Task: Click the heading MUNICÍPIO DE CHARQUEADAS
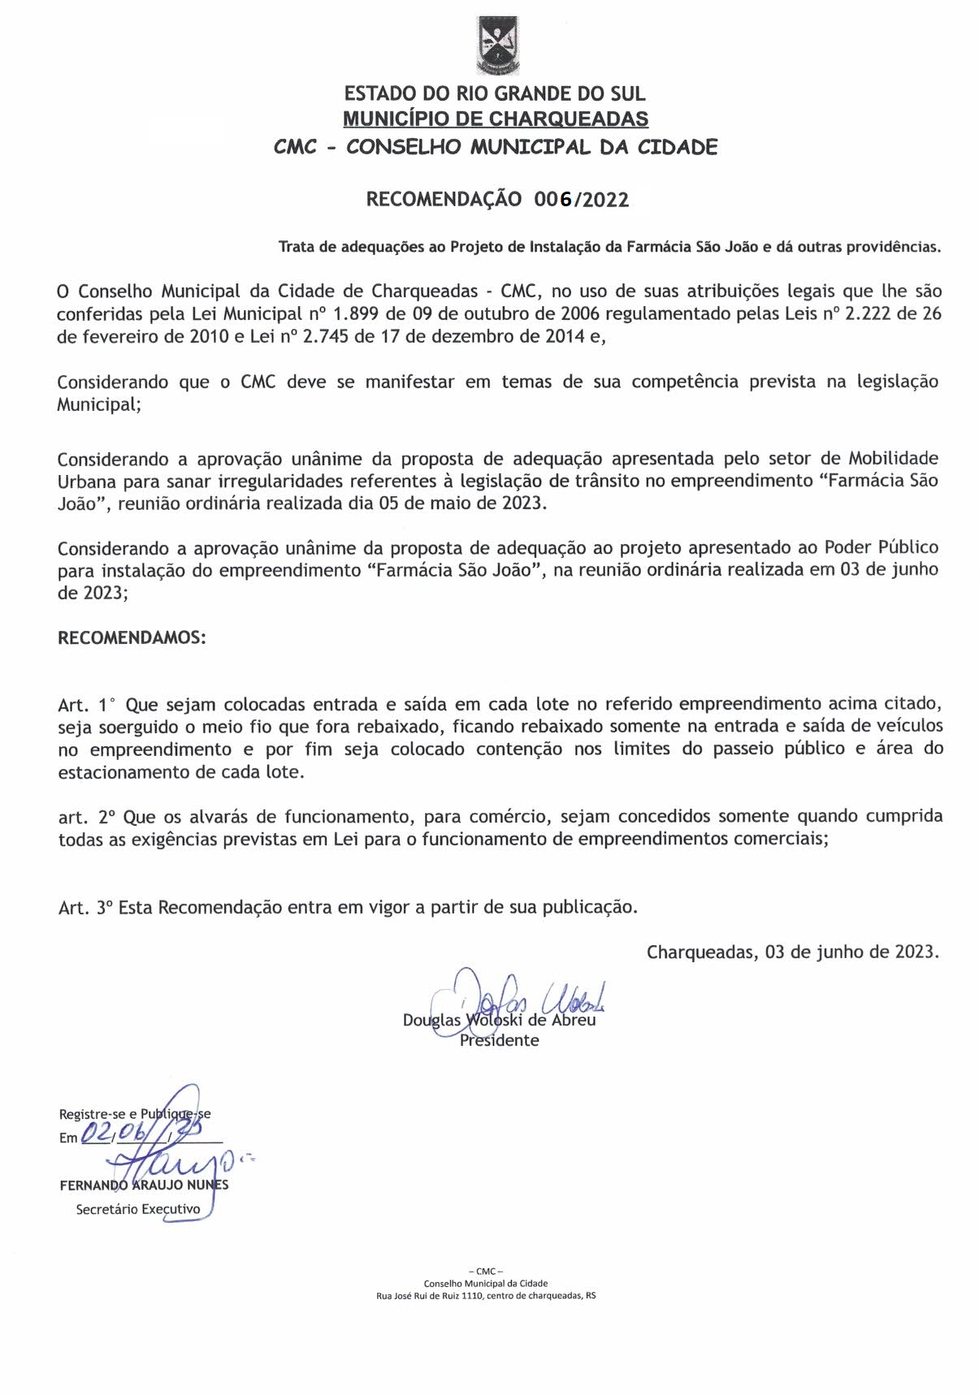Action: click(495, 119)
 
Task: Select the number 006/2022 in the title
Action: click(582, 200)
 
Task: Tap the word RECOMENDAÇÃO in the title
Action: click(444, 200)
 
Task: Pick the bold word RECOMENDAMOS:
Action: click(132, 637)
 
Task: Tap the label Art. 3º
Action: click(84, 908)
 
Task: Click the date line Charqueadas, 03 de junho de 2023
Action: click(792, 952)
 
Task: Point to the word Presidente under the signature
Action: click(499, 1040)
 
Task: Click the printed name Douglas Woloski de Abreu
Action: click(499, 1020)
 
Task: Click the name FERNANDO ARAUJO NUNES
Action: click(144, 1185)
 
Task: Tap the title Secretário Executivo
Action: click(137, 1209)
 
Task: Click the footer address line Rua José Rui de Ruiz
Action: click(486, 1296)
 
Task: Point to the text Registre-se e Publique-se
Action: click(134, 1114)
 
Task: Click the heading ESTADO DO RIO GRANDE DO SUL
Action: click(495, 94)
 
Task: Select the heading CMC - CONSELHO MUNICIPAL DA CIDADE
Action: click(495, 148)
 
